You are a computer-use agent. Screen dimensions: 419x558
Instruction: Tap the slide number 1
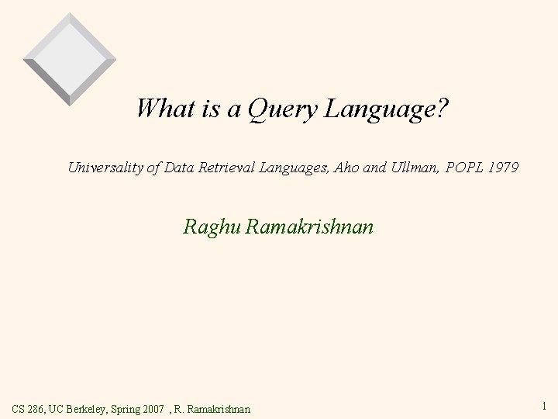tap(546, 404)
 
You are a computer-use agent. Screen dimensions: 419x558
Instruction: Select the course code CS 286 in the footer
tap(29, 407)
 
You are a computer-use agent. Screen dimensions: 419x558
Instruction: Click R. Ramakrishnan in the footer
tap(213, 407)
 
